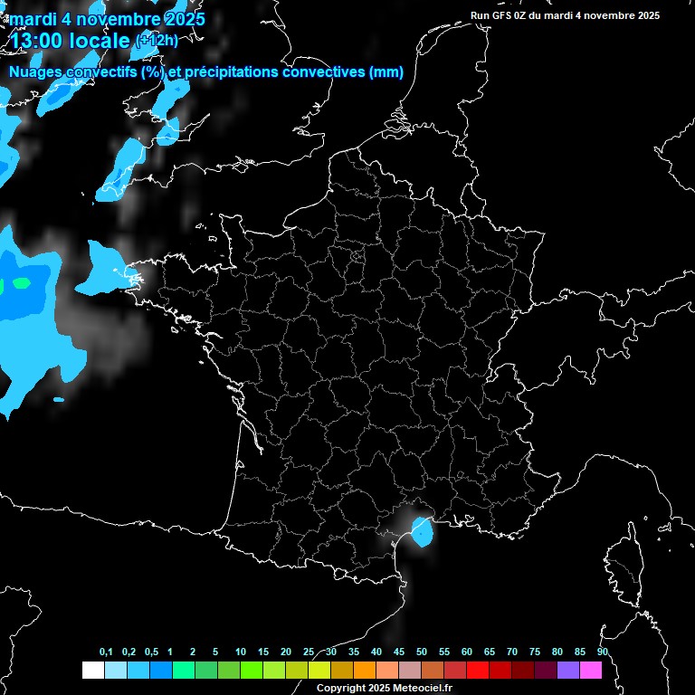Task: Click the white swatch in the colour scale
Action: pos(92,670)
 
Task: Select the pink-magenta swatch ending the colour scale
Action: pos(591,670)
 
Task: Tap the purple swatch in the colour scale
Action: pos(568,670)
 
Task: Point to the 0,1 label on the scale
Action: pos(106,652)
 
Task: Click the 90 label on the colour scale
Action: pos(603,652)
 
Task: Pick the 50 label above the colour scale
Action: pos(422,652)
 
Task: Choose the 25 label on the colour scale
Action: pos(309,652)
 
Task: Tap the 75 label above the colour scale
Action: pos(535,652)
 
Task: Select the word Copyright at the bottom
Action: pos(340,689)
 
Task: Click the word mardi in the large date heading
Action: pos(33,19)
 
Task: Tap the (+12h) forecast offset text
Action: pos(157,40)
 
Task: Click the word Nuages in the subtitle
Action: pos(34,72)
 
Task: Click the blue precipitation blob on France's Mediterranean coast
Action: pos(421,532)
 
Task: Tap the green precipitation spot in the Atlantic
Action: pos(20,283)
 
